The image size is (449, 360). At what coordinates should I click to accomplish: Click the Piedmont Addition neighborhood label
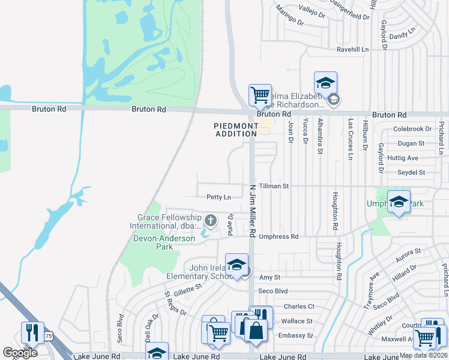pyautogui.click(x=235, y=130)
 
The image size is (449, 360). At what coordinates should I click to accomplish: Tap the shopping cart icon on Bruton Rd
pyautogui.click(x=260, y=95)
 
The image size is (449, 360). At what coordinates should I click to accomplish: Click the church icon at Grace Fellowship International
pyautogui.click(x=210, y=221)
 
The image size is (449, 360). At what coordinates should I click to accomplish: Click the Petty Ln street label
pyautogui.click(x=218, y=197)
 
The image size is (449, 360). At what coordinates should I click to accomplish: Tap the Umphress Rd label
pyautogui.click(x=279, y=237)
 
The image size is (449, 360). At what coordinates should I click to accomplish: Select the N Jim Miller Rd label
pyautogui.click(x=253, y=210)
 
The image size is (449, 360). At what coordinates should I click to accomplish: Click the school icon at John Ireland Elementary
pyautogui.click(x=237, y=265)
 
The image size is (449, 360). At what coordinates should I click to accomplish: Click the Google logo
pyautogui.click(x=20, y=353)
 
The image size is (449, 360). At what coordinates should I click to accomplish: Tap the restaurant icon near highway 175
pyautogui.click(x=31, y=333)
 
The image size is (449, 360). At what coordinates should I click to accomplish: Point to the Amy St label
pyautogui.click(x=270, y=277)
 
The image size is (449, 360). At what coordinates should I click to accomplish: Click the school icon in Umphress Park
pyautogui.click(x=398, y=202)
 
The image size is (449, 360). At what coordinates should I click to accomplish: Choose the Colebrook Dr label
pyautogui.click(x=412, y=129)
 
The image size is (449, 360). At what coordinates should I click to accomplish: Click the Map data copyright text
pyautogui.click(x=423, y=355)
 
